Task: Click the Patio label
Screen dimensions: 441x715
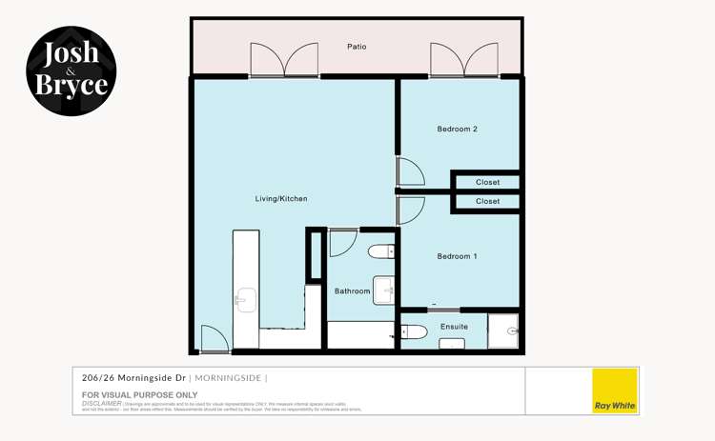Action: pos(357,47)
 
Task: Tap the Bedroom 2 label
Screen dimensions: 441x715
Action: pos(457,130)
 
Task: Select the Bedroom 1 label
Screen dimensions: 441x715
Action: pos(457,256)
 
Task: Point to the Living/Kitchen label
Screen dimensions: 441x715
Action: pos(280,199)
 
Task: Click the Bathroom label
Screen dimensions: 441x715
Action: pos(352,291)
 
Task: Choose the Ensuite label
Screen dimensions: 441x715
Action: pos(454,327)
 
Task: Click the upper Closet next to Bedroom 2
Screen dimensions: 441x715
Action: pos(487,182)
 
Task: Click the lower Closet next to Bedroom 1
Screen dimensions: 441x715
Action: pos(487,202)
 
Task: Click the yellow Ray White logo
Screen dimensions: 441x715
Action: pos(615,391)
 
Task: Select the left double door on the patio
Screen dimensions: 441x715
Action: pos(283,60)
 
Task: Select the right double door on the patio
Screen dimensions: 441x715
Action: pos(462,60)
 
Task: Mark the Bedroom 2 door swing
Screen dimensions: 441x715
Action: pos(410,172)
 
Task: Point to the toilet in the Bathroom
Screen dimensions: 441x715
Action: pos(381,251)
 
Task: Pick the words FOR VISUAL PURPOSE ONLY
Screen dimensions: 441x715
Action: pos(139,394)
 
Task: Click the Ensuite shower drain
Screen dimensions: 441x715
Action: pos(514,331)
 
